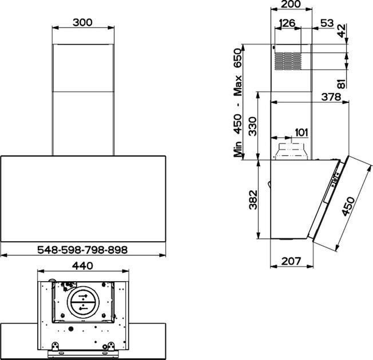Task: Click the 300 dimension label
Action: (x=82, y=22)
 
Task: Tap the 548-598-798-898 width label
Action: (x=82, y=250)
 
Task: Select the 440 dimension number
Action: (x=82, y=266)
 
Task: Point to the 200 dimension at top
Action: (x=291, y=4)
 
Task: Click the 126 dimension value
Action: (x=287, y=23)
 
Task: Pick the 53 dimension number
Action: (x=327, y=23)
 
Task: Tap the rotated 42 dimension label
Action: (x=342, y=31)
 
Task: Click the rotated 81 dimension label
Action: (x=342, y=84)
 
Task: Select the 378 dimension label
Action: (x=331, y=97)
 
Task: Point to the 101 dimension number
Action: (x=301, y=133)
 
